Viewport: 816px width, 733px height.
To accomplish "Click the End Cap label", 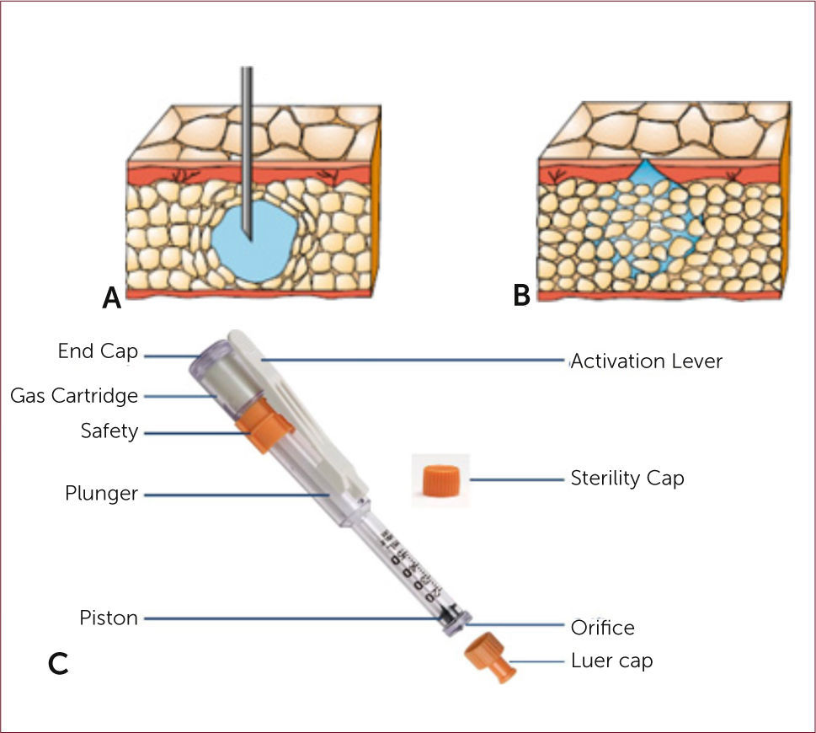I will [x=97, y=351].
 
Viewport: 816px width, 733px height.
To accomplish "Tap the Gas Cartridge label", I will [x=74, y=395].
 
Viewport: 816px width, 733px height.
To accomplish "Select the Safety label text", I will [x=109, y=431].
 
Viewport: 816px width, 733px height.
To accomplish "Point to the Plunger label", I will [x=101, y=494].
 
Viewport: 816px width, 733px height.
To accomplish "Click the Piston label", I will [x=109, y=618].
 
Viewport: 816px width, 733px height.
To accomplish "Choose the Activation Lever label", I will [x=646, y=361].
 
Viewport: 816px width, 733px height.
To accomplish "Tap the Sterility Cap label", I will [x=627, y=479].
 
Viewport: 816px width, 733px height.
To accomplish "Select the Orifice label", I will [x=602, y=628].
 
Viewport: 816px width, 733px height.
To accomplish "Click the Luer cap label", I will [x=611, y=661].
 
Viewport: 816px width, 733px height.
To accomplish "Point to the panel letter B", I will [x=522, y=296].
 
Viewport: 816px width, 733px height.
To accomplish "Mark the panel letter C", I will [x=58, y=664].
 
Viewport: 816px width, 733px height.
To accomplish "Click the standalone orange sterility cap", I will [x=440, y=479].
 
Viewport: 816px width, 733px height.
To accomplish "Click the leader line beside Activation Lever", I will [x=413, y=361].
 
